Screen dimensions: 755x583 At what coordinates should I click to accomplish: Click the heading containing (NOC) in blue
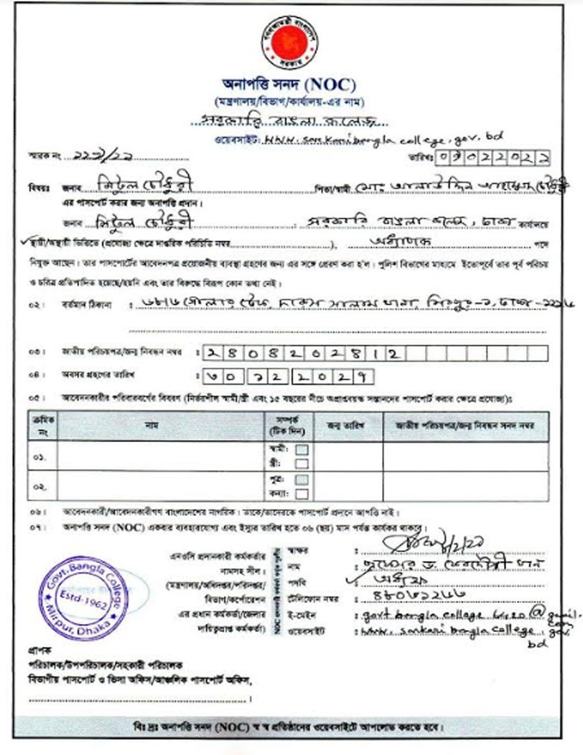click(289, 85)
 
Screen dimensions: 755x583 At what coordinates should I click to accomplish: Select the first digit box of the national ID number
click(211, 353)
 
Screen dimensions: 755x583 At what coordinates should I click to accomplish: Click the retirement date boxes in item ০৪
click(287, 377)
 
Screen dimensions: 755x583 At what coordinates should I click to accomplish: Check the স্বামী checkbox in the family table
click(302, 448)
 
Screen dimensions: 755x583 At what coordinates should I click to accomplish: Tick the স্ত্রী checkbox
click(302, 463)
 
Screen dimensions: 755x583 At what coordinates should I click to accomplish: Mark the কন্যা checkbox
click(302, 494)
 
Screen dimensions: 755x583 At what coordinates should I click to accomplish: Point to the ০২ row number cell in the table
click(39, 486)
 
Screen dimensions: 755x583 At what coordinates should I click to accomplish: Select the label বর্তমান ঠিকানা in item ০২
click(78, 306)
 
